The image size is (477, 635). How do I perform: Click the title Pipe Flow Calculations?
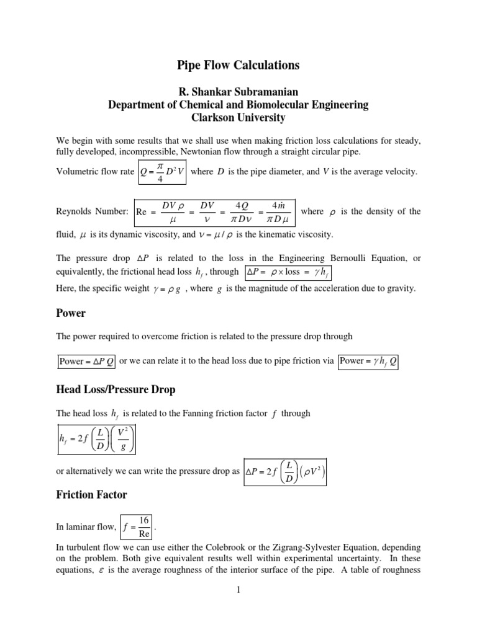point(238,65)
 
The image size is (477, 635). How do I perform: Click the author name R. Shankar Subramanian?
point(238,91)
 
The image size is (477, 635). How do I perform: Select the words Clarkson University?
point(238,117)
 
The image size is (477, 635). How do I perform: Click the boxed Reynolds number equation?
point(215,211)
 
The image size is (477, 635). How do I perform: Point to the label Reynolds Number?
point(93,211)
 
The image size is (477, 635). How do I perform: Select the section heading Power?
point(71,313)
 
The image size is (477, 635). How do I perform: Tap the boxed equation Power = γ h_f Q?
point(368,361)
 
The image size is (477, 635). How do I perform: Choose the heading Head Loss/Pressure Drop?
point(116,389)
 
